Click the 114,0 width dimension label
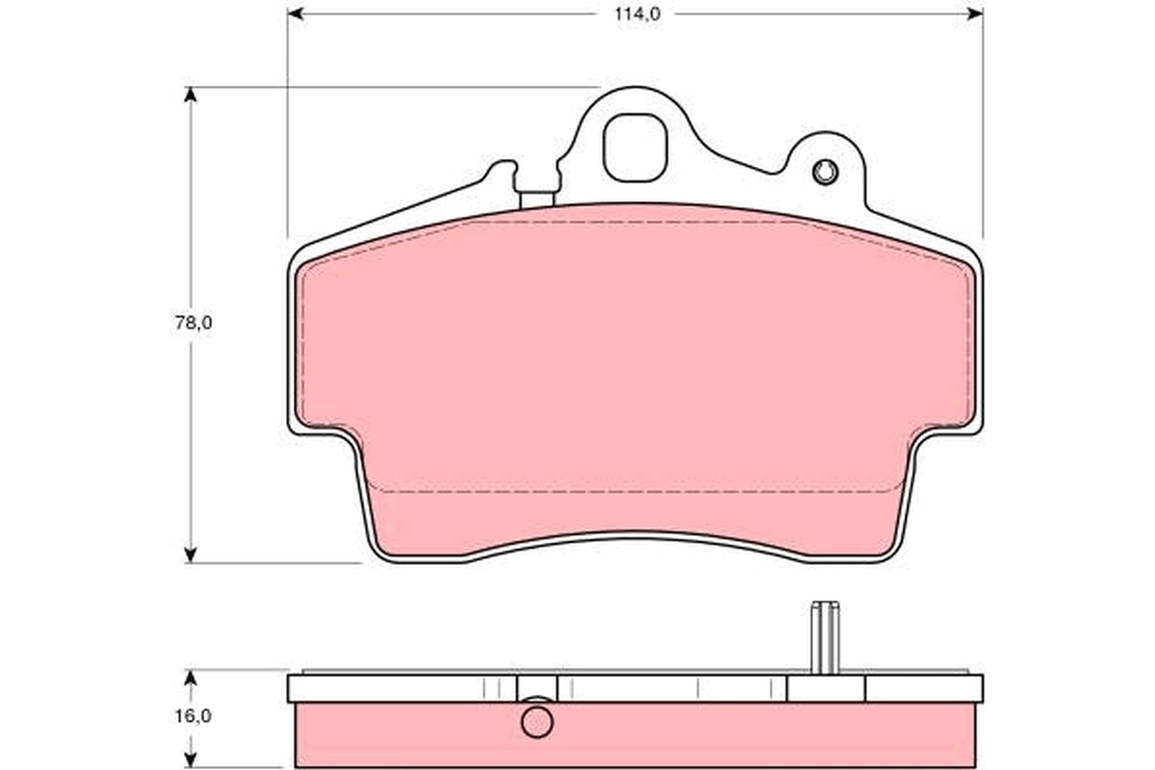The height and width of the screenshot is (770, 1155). [x=631, y=13]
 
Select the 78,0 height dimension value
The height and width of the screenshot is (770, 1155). [x=192, y=323]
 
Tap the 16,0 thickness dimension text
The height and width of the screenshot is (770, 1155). [x=192, y=716]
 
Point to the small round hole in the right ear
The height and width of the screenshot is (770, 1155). [x=825, y=172]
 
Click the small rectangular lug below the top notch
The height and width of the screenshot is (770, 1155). [x=536, y=199]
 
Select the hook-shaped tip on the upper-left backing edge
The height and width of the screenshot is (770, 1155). [x=500, y=168]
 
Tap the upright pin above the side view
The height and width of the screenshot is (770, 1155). [x=825, y=637]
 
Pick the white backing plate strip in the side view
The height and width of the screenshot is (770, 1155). [x=404, y=688]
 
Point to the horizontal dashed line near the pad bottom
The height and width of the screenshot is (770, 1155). [x=635, y=492]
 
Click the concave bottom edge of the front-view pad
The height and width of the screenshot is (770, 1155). [x=635, y=538]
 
